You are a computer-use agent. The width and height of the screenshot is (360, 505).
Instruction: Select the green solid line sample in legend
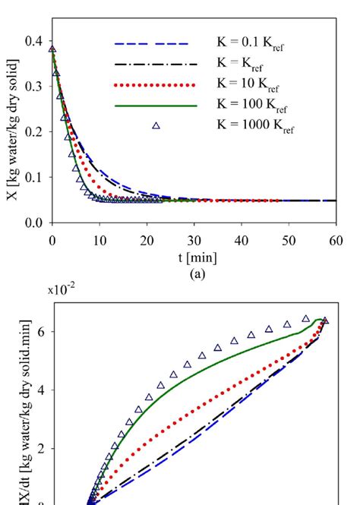[156, 106]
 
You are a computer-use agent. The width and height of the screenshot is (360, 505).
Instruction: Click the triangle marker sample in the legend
[156, 125]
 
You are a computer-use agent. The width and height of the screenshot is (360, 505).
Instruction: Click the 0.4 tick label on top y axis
[33, 41]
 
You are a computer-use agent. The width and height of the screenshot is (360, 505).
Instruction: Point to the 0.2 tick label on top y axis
[33, 132]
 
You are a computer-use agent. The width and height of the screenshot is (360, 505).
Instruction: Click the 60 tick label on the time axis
[336, 240]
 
